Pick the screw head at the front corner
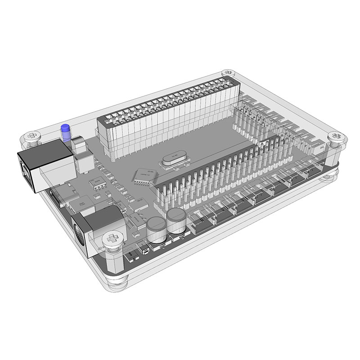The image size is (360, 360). (113, 238)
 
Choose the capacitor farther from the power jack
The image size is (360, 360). (176, 220)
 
